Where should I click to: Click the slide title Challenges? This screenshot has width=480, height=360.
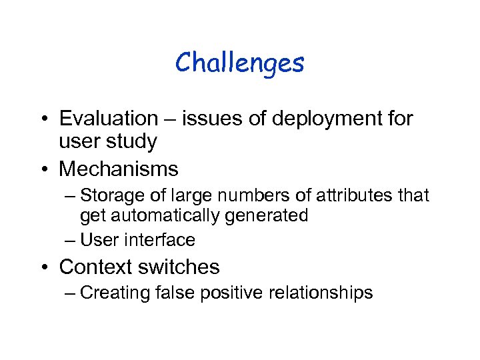240,64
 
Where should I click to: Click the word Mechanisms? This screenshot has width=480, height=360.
119,169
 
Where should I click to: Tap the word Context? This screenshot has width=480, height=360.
97,267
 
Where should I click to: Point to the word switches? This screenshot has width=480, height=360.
180,267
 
